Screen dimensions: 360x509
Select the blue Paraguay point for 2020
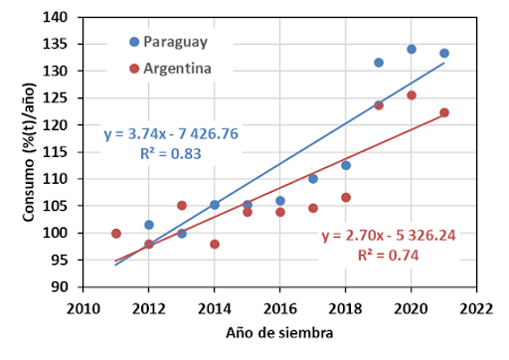(x=412, y=49)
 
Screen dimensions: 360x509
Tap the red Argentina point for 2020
(x=412, y=95)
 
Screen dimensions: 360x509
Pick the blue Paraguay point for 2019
(x=379, y=63)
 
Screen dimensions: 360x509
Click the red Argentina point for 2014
(x=215, y=244)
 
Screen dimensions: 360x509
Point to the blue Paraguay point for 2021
(x=444, y=54)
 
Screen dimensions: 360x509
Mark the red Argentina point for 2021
(x=444, y=112)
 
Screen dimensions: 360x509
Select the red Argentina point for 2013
(x=182, y=206)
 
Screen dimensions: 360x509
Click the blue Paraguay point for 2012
(x=149, y=225)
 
